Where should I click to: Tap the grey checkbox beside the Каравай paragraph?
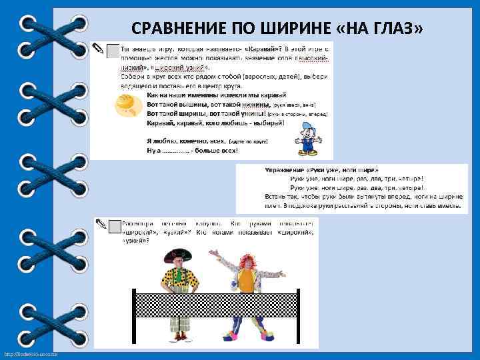pos(113,51)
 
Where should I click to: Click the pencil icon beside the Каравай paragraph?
pos(98,49)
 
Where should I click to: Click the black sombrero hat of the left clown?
pos(178,254)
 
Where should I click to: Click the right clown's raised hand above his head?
pos(213,254)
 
